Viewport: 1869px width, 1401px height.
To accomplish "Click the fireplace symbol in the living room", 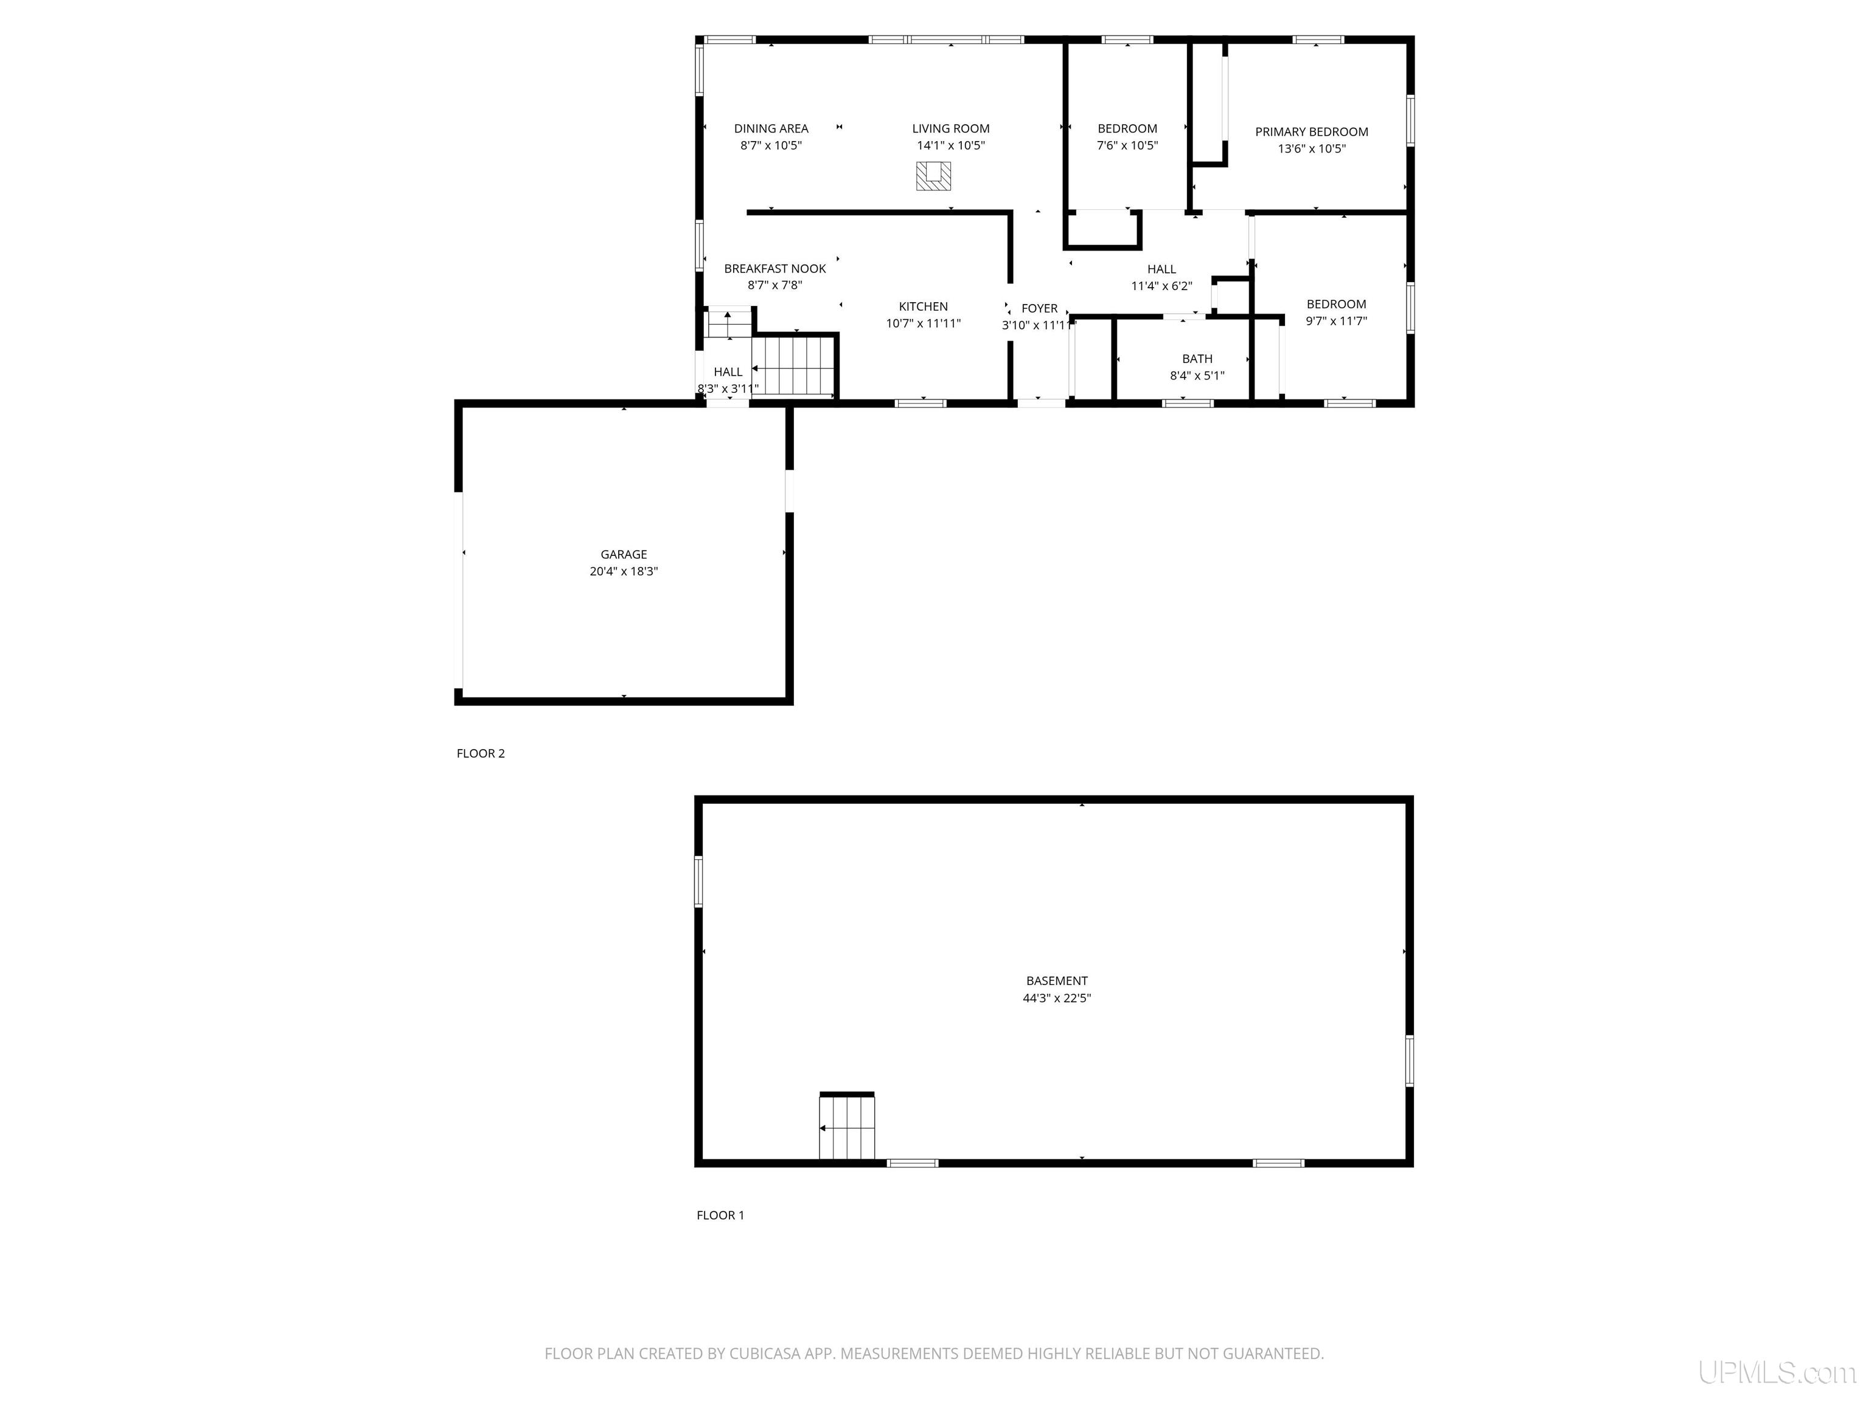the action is (934, 176).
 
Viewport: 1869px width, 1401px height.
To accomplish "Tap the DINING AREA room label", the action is (771, 128).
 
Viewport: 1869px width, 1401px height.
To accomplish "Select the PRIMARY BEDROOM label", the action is (1311, 132).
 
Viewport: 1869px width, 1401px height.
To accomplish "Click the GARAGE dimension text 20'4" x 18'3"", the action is (624, 572).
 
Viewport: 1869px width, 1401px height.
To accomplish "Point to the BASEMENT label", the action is (1057, 980).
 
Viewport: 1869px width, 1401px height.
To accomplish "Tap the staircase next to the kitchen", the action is (793, 365).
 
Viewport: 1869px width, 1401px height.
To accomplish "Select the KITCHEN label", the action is (924, 306).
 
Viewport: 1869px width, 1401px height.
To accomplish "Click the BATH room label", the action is (1197, 359).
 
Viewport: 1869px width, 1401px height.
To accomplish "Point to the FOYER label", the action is (1039, 308).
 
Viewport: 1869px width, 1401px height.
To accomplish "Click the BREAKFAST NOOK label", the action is (775, 269).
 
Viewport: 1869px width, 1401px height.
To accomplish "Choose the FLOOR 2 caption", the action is (481, 753).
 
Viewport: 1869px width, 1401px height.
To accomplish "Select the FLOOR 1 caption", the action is (720, 1215).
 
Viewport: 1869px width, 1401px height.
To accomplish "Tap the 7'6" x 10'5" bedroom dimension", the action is (1127, 145).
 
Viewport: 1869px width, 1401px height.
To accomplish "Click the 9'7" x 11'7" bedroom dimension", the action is (1336, 321).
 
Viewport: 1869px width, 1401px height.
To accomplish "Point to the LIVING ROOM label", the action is (950, 128).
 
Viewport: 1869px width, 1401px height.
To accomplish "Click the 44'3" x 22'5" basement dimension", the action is (1057, 998).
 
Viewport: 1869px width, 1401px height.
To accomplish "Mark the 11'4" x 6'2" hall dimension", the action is (1162, 286).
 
